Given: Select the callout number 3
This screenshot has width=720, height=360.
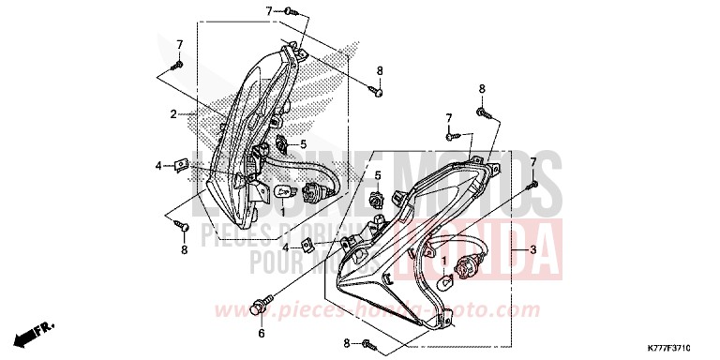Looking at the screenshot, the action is (x=532, y=250).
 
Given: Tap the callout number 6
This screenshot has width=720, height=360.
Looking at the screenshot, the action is (x=262, y=333).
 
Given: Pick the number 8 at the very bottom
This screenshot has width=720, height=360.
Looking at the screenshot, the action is (x=345, y=343).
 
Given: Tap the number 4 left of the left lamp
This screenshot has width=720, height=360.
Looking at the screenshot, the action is (x=158, y=166).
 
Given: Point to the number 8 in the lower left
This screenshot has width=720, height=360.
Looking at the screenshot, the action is (x=184, y=250).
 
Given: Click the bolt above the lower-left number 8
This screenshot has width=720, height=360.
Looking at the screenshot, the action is (x=185, y=227).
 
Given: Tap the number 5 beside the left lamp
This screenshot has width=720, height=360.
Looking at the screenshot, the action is (x=303, y=144).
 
